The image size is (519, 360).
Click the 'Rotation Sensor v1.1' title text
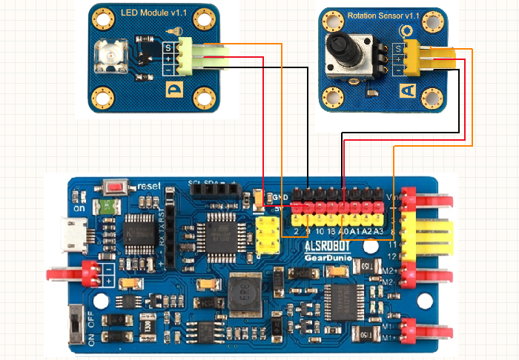coord(383,15)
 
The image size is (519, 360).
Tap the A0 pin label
coord(343,232)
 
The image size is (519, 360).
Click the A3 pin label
coord(379,232)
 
